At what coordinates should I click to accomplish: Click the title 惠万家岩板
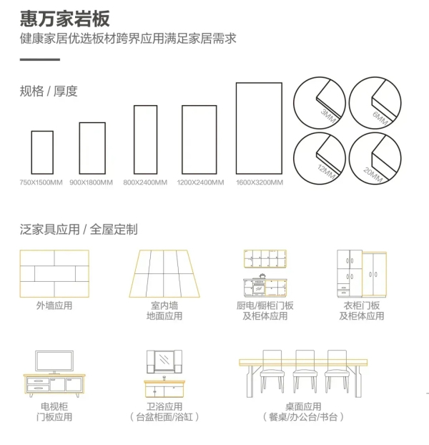coord(65,18)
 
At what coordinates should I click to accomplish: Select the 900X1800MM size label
coord(91,182)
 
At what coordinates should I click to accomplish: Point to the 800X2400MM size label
coord(145,182)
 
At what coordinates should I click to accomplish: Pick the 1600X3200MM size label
coord(259,182)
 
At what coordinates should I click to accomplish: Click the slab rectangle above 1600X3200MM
coord(259,128)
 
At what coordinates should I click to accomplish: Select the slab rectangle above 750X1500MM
coord(42,152)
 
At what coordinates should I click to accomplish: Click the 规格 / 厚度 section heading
coord(49,92)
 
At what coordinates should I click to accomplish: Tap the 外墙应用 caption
coord(54,305)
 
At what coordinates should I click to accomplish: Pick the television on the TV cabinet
coord(54,361)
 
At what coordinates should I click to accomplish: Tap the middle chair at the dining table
coord(304,371)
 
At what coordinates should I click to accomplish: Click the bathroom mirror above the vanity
coord(165,361)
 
